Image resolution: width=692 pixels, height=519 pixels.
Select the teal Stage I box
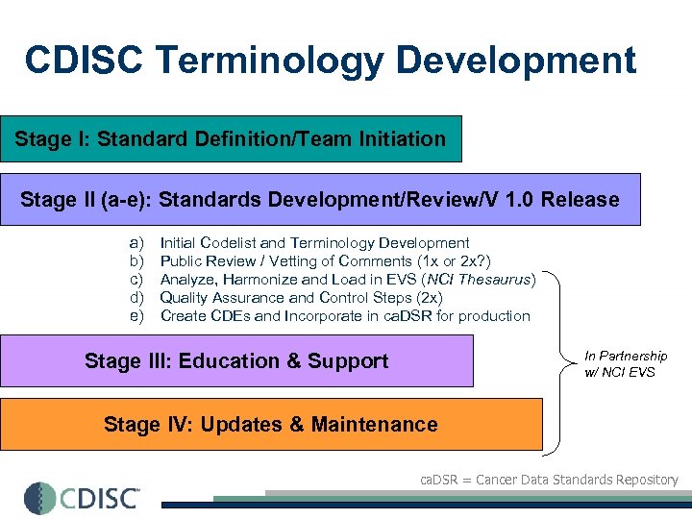pyautogui.click(x=231, y=139)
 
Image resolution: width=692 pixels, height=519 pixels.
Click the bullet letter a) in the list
pyautogui.click(x=136, y=243)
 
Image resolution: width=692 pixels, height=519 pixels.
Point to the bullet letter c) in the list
pyautogui.click(x=136, y=280)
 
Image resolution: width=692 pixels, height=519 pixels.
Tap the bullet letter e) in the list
pyautogui.click(x=136, y=316)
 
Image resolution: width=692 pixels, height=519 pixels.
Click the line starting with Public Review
pyautogui.click(x=334, y=261)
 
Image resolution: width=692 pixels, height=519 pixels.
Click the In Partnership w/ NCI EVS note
pyautogui.click(x=626, y=363)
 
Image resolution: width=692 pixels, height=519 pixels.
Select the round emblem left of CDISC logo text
pyautogui.click(x=40, y=498)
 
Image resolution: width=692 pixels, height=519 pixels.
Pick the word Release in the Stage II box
pyautogui.click(x=581, y=200)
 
